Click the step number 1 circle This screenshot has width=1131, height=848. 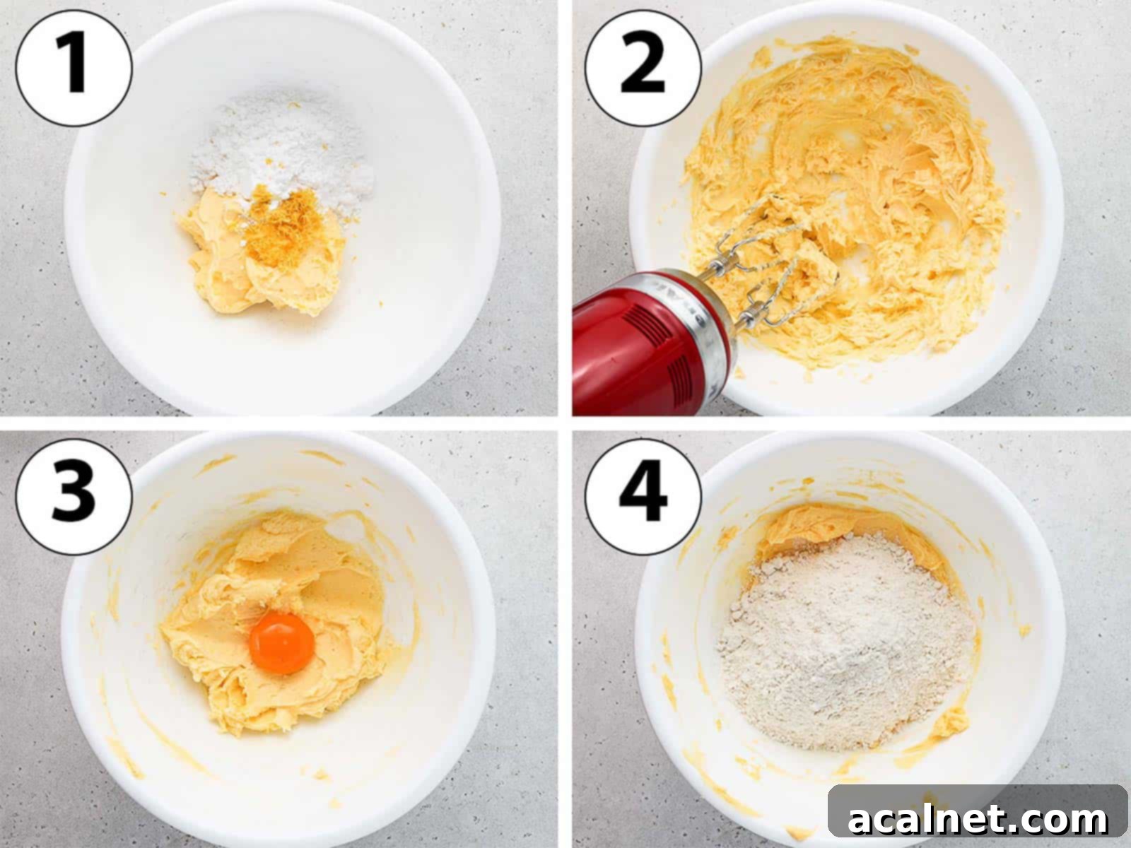point(74,67)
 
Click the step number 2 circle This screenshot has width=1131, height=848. point(643,67)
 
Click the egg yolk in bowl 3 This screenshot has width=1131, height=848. point(281,642)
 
